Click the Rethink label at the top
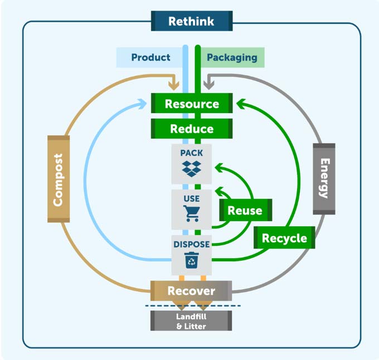(191, 21)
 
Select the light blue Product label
(150, 57)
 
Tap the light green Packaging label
(232, 57)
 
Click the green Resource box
(191, 104)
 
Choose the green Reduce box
(191, 129)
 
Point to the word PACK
(191, 152)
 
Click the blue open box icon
(191, 169)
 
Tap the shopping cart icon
(191, 213)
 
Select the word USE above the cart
(191, 198)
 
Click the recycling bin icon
(191, 260)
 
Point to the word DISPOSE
(191, 244)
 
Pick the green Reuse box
(245, 210)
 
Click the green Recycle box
(284, 239)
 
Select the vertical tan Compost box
(58, 179)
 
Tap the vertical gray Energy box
(324, 179)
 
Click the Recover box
(191, 291)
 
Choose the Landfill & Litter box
(191, 322)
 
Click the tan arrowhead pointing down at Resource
(173, 85)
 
